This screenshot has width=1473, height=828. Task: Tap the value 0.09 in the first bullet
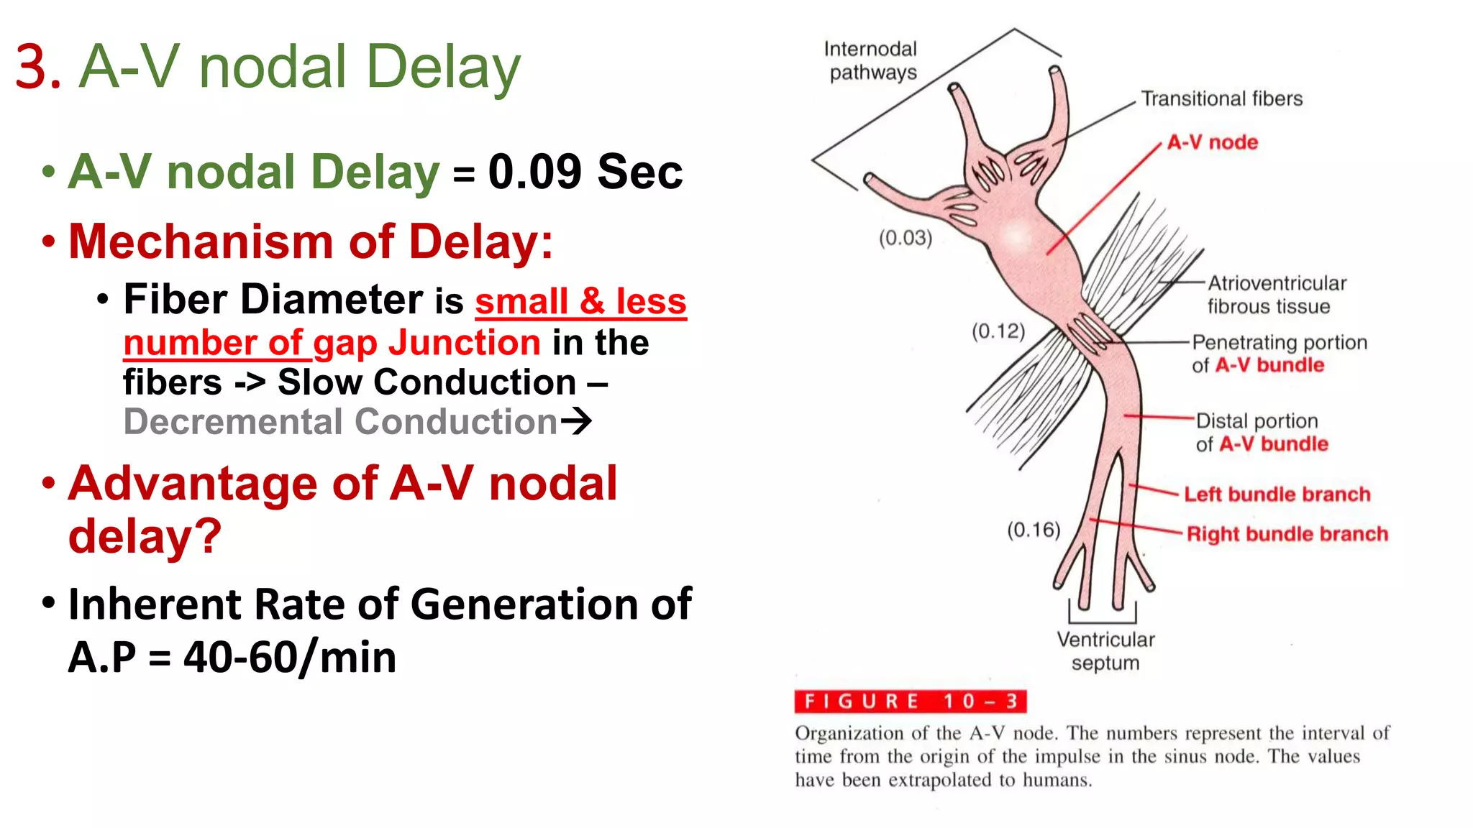pyautogui.click(x=534, y=172)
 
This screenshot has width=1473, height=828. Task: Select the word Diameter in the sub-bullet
pyautogui.click(x=331, y=299)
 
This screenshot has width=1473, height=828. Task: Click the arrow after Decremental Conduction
pyautogui.click(x=576, y=421)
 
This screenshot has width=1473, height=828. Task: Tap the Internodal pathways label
pyautogui.click(x=871, y=60)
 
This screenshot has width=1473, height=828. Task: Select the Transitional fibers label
pyautogui.click(x=1221, y=98)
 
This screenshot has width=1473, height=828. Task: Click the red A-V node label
pyautogui.click(x=1212, y=142)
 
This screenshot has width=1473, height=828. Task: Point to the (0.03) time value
pyautogui.click(x=905, y=238)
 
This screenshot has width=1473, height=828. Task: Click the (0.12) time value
pyautogui.click(x=998, y=331)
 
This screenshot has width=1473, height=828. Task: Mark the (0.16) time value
pyautogui.click(x=1034, y=530)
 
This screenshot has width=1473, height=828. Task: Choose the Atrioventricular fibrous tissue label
pyautogui.click(x=1276, y=295)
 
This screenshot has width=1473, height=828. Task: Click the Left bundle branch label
pyautogui.click(x=1277, y=494)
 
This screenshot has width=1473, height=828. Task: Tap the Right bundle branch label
pyautogui.click(x=1287, y=534)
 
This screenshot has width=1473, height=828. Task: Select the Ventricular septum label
pyautogui.click(x=1105, y=651)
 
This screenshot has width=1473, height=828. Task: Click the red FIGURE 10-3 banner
pyautogui.click(x=910, y=701)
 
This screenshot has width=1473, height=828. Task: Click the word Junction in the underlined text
pyautogui.click(x=464, y=343)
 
